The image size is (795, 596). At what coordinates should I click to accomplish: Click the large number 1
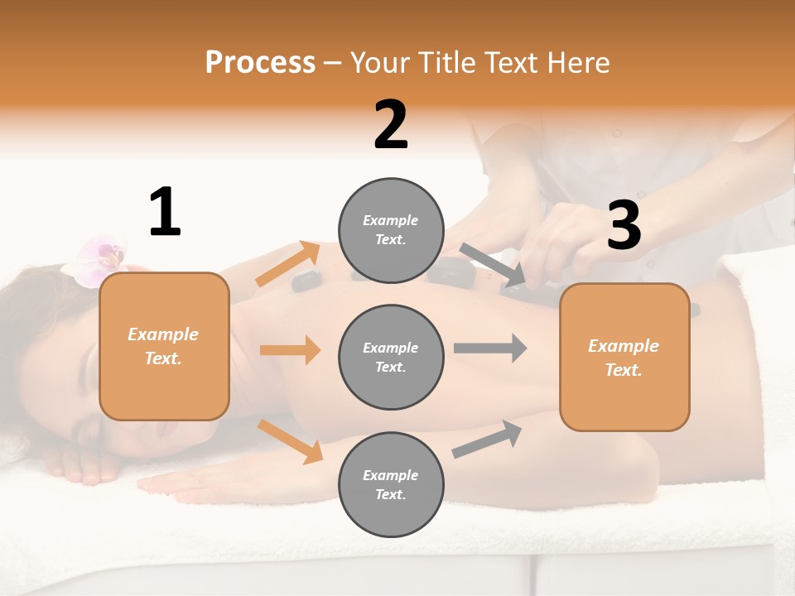click(165, 212)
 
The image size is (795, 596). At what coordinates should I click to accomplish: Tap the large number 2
click(391, 125)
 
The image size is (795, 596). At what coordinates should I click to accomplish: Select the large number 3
click(624, 225)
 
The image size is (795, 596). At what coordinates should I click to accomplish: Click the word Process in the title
click(260, 62)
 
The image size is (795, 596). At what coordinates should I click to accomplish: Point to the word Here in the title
click(577, 62)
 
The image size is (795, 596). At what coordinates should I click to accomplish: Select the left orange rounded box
click(164, 346)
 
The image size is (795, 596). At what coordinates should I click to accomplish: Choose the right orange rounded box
click(624, 357)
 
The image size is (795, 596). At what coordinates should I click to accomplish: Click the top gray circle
click(391, 230)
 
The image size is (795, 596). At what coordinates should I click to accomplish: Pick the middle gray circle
click(391, 357)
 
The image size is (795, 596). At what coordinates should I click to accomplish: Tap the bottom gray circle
click(391, 484)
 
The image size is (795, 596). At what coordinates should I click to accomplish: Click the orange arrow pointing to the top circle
click(288, 264)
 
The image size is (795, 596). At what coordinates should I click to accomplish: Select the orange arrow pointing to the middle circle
click(290, 350)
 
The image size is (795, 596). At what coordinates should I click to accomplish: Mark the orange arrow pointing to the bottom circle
click(291, 441)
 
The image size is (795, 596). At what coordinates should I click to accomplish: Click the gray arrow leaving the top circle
click(494, 266)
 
